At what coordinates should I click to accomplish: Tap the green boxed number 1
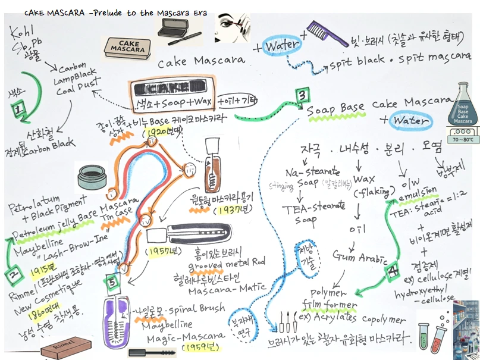18,109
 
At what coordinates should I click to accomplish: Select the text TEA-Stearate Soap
305,213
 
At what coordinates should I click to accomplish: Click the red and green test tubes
432,334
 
